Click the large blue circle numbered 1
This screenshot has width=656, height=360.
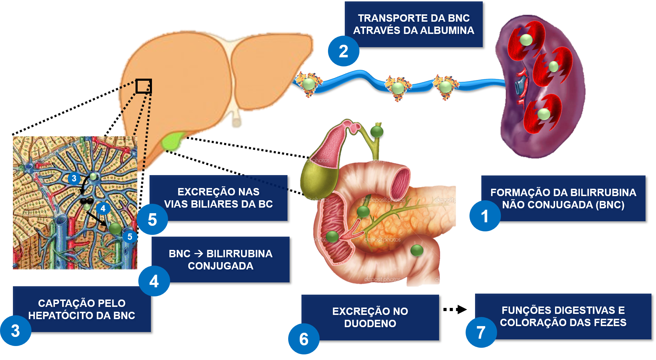(485, 216)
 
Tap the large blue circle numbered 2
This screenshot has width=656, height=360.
(343, 51)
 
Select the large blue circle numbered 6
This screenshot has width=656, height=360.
(304, 339)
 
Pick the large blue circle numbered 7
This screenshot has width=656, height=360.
(481, 332)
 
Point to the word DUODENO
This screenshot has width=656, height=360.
(370, 324)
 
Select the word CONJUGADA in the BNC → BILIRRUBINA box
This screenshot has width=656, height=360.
(220, 266)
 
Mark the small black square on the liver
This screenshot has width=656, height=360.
(143, 86)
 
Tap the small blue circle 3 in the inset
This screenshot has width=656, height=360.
(74, 179)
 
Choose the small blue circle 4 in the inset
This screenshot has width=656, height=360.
(103, 209)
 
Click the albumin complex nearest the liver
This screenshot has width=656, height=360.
(308, 84)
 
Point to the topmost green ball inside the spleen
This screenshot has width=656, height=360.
(526, 39)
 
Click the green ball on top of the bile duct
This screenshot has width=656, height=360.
(377, 132)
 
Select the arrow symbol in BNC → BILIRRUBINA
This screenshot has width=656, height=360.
(198, 254)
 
